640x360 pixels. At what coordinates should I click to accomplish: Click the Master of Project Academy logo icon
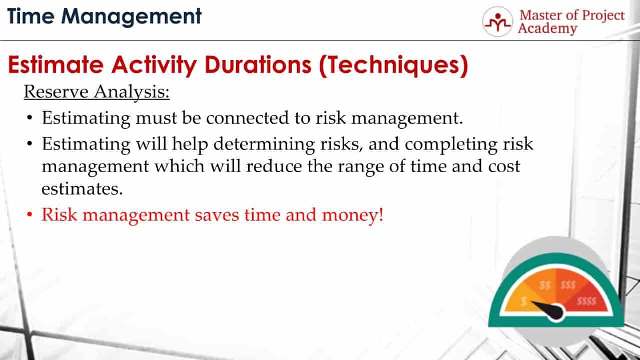pos(498,22)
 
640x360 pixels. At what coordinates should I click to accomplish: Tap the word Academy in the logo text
pos(547,29)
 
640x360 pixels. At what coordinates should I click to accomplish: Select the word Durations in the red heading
pos(258,65)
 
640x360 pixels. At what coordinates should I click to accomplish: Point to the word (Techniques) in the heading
pos(393,66)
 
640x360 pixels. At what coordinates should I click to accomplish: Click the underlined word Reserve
pos(56,92)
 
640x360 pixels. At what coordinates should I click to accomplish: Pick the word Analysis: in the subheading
pos(132,92)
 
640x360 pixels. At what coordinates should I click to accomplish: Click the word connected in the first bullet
pos(247,118)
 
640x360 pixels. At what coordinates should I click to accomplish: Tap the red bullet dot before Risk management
pos(30,214)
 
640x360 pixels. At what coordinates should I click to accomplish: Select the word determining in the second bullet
pos(264,144)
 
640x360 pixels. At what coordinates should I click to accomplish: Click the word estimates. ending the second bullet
pos(82,189)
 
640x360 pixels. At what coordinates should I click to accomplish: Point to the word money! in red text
pos(353,215)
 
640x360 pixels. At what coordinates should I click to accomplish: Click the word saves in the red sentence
pos(217,215)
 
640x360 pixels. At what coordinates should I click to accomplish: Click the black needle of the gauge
pos(547,310)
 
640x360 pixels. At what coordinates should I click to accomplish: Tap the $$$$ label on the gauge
pos(586,301)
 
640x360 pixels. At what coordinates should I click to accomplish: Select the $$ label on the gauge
pos(545,285)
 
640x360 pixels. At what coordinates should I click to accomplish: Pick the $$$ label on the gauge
pos(568,285)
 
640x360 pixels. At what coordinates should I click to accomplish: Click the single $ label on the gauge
pos(523,301)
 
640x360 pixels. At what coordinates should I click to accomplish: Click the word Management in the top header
pos(132,17)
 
